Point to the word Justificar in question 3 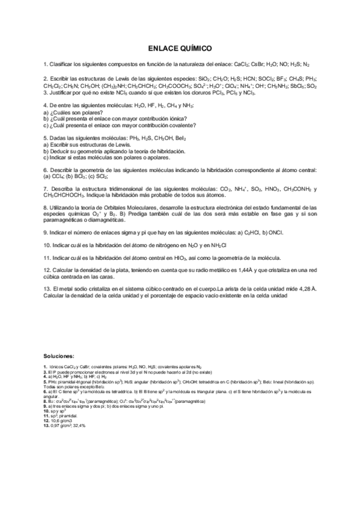[x=62, y=93]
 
